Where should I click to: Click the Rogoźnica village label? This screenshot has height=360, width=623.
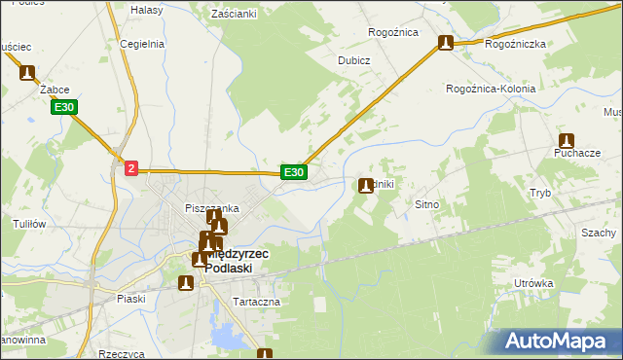392,32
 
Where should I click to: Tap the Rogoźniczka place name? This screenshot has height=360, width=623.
514,45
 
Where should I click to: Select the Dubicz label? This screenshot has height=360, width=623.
354,59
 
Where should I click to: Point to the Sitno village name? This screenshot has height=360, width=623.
428,205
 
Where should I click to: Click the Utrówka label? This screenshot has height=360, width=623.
534,283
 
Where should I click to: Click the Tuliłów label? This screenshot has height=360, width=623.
30,224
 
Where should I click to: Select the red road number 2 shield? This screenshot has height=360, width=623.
131,168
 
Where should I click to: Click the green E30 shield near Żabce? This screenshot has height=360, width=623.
64,107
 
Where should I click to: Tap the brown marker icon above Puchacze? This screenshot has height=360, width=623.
567,140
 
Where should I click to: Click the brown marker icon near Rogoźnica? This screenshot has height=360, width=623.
446,43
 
